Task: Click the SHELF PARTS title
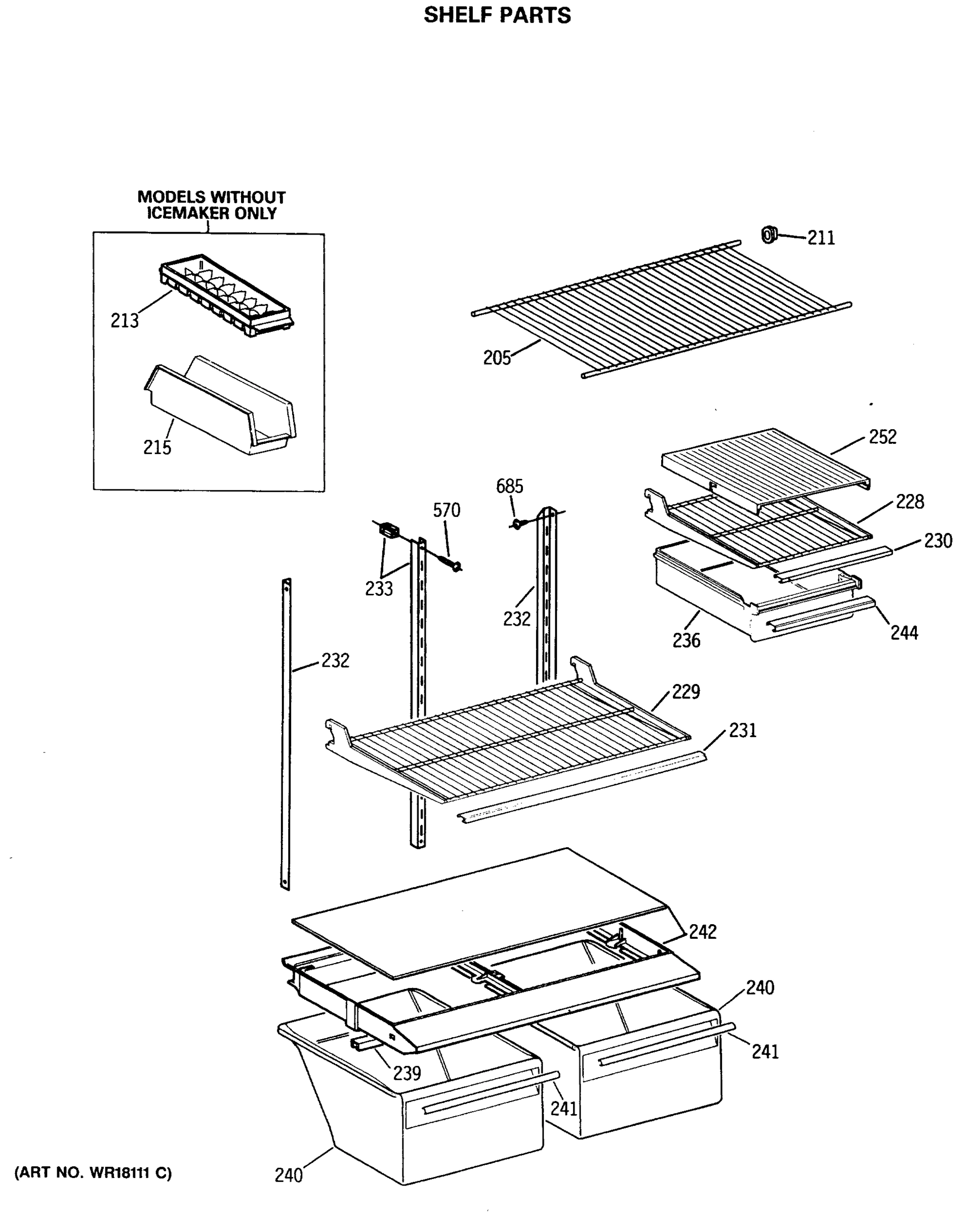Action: click(497, 15)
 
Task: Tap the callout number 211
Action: click(821, 238)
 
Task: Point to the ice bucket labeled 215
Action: click(220, 405)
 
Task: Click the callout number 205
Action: click(497, 358)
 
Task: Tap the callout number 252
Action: click(882, 437)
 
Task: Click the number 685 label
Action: click(509, 486)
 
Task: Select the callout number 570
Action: click(447, 510)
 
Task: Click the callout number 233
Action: click(379, 589)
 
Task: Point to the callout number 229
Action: click(686, 692)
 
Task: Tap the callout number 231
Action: click(742, 731)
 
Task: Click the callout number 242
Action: click(702, 932)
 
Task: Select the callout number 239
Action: click(407, 1073)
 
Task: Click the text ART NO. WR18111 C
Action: click(93, 1172)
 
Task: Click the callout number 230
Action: click(938, 541)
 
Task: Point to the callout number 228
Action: click(910, 502)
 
